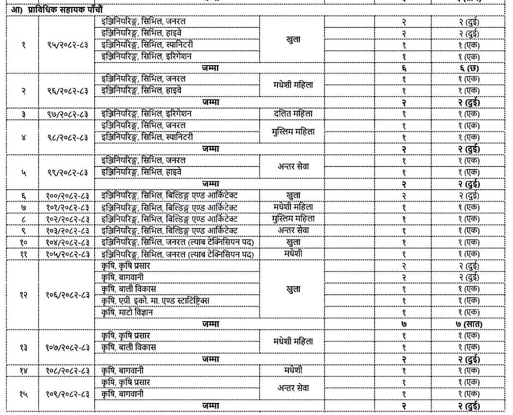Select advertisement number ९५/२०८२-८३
coord(67,45)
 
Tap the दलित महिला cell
coord(293,114)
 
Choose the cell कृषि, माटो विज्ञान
coord(127,312)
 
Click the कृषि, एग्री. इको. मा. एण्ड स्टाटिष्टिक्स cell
coord(155,301)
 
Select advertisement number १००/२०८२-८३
coord(67,196)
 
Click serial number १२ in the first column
coord(23,295)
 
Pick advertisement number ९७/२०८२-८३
coord(67,114)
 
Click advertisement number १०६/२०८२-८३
coord(67,295)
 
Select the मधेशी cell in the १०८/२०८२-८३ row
coord(293,370)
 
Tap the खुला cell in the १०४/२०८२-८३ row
coord(293,242)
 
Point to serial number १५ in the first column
coord(23,394)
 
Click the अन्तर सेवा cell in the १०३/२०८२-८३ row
coord(293,230)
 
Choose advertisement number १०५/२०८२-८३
coord(67,254)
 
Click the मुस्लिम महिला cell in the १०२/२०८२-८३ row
coord(293,219)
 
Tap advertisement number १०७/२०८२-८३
coord(67,348)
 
